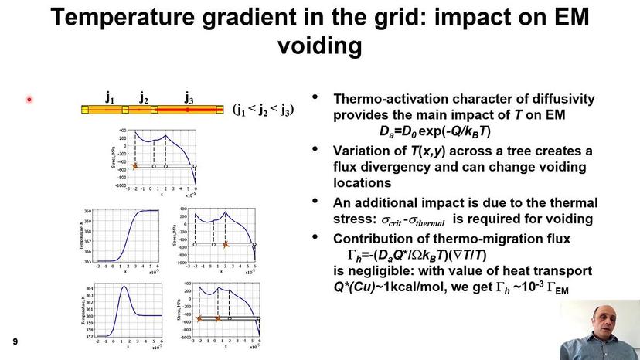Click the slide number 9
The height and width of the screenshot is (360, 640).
coord(14,341)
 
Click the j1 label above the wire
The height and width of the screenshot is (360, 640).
coord(110,97)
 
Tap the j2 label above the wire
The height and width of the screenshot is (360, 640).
coord(144,97)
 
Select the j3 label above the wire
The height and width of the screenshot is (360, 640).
coord(189,97)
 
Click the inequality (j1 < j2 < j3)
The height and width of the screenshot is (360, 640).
coord(264,110)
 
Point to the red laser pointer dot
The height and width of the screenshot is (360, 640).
coord(29,99)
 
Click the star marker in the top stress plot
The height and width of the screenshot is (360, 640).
coord(134,166)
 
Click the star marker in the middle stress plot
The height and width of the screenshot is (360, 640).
coord(225,244)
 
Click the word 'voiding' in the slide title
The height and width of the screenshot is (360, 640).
coord(319,46)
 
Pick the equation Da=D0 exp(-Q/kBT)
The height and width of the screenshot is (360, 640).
coord(434,131)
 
